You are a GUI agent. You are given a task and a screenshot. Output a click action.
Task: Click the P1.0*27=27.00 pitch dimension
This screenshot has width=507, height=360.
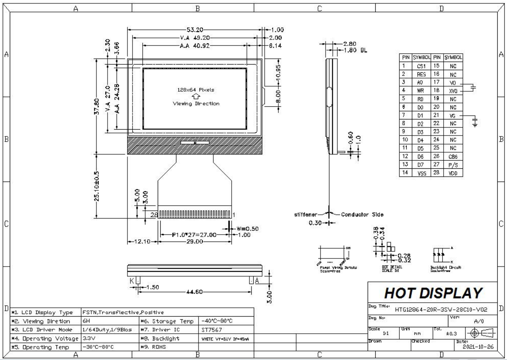coord(195,234)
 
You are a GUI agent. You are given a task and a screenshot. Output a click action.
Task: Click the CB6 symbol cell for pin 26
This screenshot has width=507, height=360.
coord(453,157)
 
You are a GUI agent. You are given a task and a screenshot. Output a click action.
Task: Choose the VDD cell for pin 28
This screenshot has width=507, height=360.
coord(453,173)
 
